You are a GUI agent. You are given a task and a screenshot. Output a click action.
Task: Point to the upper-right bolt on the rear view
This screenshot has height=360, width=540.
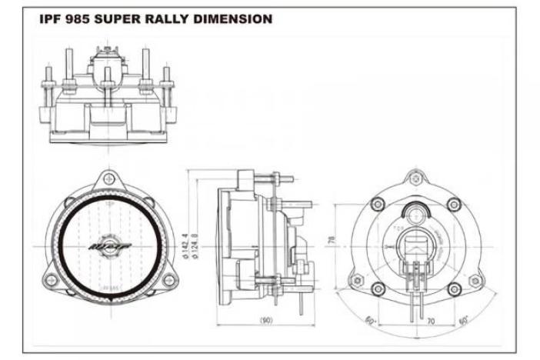455,204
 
